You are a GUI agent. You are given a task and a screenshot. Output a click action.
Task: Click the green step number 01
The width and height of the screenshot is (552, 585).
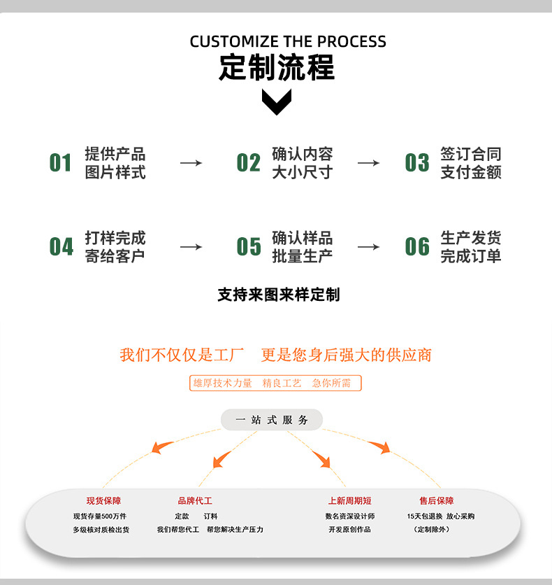61,163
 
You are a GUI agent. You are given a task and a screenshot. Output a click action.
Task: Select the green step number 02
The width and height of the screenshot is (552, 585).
248,163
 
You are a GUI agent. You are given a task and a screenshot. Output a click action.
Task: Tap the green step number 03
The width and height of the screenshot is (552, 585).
417,163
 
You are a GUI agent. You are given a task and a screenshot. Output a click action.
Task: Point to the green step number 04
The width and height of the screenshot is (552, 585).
61,247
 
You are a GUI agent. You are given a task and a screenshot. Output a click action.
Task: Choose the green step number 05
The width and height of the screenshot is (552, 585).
248,247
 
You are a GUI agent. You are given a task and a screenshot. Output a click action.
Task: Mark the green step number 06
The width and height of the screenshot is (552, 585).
417,247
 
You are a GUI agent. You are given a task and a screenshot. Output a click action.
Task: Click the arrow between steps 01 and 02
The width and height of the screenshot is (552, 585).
191,163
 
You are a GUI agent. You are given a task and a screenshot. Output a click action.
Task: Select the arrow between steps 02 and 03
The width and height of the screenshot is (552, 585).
368,163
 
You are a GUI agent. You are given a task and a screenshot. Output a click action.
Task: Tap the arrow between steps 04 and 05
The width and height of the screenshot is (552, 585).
191,247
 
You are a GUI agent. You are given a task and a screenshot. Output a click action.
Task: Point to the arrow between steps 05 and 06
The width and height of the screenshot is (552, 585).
368,247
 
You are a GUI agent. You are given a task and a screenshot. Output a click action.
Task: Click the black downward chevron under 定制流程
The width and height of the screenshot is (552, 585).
277,102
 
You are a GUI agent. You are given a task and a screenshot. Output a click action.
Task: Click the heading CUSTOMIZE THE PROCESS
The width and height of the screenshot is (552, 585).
288,41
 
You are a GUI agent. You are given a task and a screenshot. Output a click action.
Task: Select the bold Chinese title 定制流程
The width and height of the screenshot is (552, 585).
277,68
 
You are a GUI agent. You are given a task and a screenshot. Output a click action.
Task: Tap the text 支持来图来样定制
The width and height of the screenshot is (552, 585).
278,295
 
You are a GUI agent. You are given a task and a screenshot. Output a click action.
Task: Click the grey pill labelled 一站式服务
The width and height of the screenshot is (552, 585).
272,420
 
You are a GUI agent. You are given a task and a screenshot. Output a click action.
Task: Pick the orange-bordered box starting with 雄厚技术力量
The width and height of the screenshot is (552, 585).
275,383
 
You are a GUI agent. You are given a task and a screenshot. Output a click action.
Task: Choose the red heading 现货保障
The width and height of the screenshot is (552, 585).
103,501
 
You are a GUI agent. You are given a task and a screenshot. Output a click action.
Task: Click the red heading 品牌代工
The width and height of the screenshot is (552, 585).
195,501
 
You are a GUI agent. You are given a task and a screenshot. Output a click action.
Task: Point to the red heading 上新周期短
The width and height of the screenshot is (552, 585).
349,501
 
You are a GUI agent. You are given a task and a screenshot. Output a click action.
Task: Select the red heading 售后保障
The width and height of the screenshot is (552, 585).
436,501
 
